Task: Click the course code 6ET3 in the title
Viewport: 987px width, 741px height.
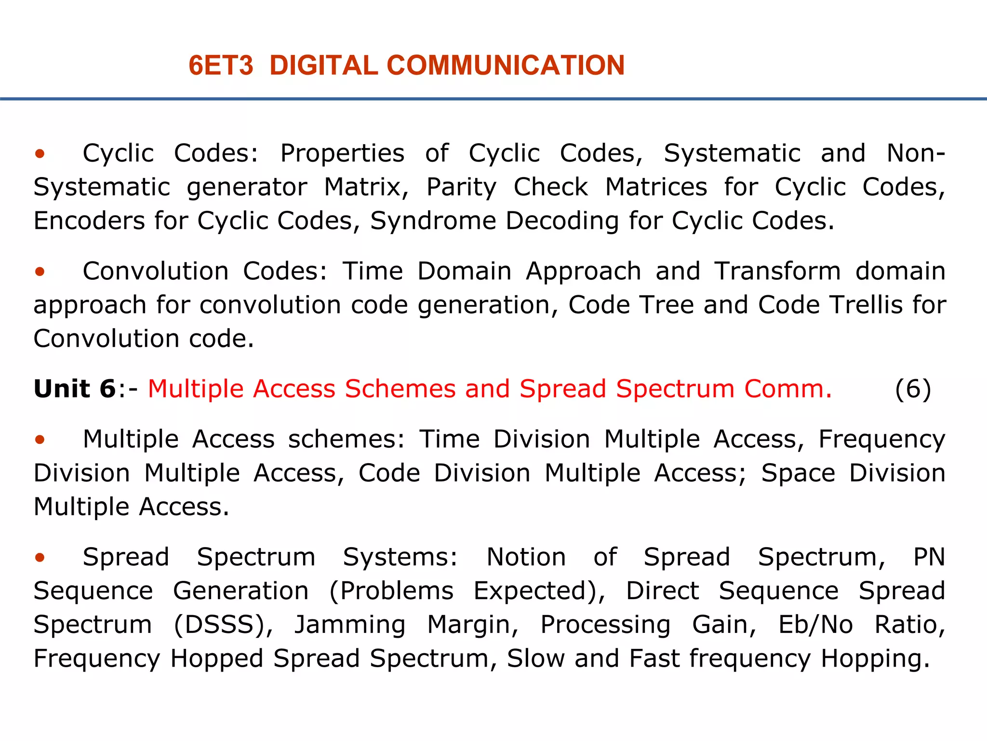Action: tap(221, 66)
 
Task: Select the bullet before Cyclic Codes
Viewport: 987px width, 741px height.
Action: tap(40, 154)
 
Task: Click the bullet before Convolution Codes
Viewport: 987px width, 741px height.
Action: tap(40, 272)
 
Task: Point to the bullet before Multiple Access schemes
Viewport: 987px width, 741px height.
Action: tap(40, 439)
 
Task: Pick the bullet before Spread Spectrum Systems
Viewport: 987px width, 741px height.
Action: tap(40, 558)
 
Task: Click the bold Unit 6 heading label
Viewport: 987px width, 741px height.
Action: tap(75, 389)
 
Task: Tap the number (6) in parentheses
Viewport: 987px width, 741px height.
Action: tap(913, 389)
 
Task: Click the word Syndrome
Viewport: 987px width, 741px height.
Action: tap(433, 221)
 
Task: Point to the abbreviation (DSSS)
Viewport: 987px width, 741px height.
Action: tap(223, 625)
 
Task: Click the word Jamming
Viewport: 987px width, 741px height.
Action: tap(350, 625)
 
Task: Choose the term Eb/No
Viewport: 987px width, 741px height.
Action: tap(815, 625)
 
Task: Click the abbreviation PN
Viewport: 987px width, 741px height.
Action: tap(929, 557)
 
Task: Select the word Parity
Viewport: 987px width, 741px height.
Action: tap(461, 188)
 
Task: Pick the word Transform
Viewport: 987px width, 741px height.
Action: tap(777, 271)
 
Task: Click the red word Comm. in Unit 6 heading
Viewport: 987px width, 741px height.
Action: tap(788, 389)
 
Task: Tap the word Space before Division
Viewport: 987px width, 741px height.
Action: tap(798, 473)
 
